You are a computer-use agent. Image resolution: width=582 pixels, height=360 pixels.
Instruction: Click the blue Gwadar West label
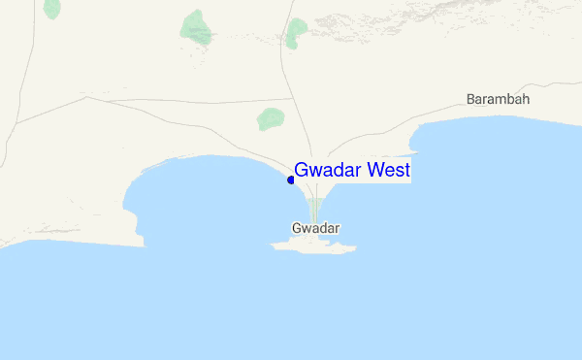pos(352,171)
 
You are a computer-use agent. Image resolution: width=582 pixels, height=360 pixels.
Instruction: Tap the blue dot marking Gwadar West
pos(291,180)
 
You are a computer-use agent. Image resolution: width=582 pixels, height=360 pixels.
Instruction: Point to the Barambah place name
pos(499,99)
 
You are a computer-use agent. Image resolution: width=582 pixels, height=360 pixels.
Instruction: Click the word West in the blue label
pos(387,171)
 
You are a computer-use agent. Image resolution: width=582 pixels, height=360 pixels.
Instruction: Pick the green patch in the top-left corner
pos(52,8)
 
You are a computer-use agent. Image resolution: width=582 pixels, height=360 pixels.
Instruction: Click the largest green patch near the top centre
pos(197,28)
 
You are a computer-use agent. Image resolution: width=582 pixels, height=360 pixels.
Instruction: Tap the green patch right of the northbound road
pos(296,33)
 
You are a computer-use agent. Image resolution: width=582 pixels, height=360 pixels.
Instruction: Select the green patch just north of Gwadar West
pos(270,119)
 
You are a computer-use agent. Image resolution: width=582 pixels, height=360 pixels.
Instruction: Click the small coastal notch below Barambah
pos(415,147)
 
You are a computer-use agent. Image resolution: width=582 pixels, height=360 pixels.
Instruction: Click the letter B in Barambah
pos(471,99)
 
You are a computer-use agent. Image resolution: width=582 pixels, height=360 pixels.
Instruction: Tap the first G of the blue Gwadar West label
pos(302,171)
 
